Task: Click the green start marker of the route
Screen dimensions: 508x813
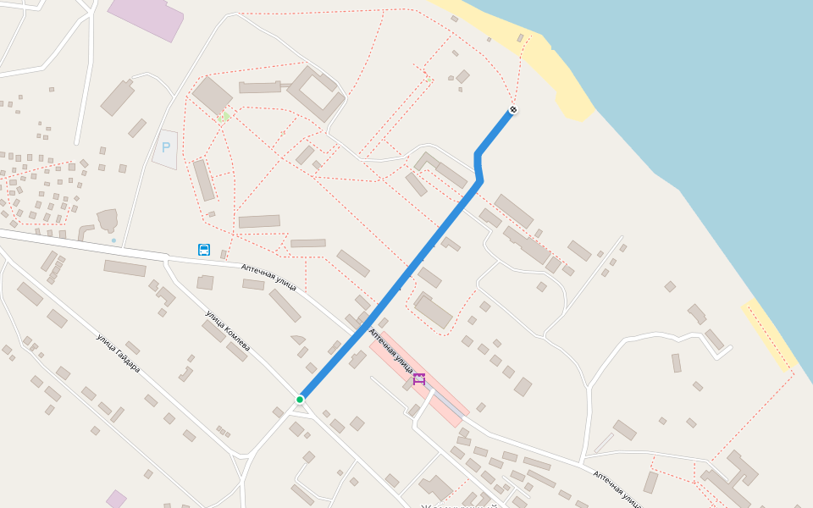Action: [300, 399]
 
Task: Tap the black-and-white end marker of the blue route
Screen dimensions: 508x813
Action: [513, 110]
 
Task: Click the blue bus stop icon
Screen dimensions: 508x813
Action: [204, 250]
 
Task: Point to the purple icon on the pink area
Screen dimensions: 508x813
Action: [418, 378]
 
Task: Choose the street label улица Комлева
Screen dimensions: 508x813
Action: [227, 331]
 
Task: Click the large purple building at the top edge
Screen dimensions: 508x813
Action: [147, 17]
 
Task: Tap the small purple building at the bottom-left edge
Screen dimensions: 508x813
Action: [116, 499]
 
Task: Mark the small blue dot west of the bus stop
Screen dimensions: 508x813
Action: [113, 240]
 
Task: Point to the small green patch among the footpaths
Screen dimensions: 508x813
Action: [224, 117]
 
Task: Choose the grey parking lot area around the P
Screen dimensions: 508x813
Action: [166, 150]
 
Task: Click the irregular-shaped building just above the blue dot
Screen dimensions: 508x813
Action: [108, 220]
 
